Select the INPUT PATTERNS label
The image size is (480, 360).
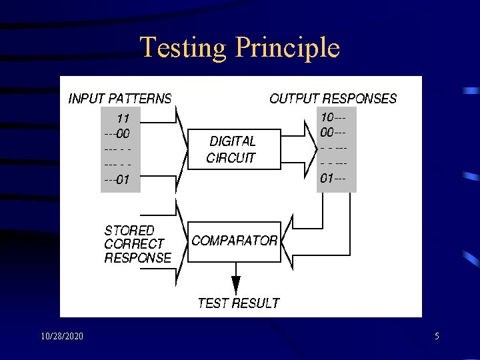click(x=120, y=99)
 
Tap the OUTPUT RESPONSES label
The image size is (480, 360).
click(x=333, y=99)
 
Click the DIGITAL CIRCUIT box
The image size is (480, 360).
click(x=232, y=150)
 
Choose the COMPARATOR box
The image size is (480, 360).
click(x=235, y=241)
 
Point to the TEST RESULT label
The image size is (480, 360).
click(x=238, y=303)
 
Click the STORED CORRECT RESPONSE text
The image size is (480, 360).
click(x=137, y=244)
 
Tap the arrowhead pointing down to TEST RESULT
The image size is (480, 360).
click(x=235, y=285)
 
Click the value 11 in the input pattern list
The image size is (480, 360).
click(x=123, y=119)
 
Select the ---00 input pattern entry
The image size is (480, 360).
click(x=117, y=133)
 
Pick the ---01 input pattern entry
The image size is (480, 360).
click(x=117, y=179)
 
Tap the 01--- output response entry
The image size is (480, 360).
click(x=333, y=179)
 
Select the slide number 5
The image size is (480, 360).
click(x=437, y=337)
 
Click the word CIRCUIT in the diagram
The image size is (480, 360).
click(x=231, y=159)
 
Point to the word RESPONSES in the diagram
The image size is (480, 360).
click(x=364, y=99)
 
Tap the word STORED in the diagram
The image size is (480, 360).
click(x=129, y=231)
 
